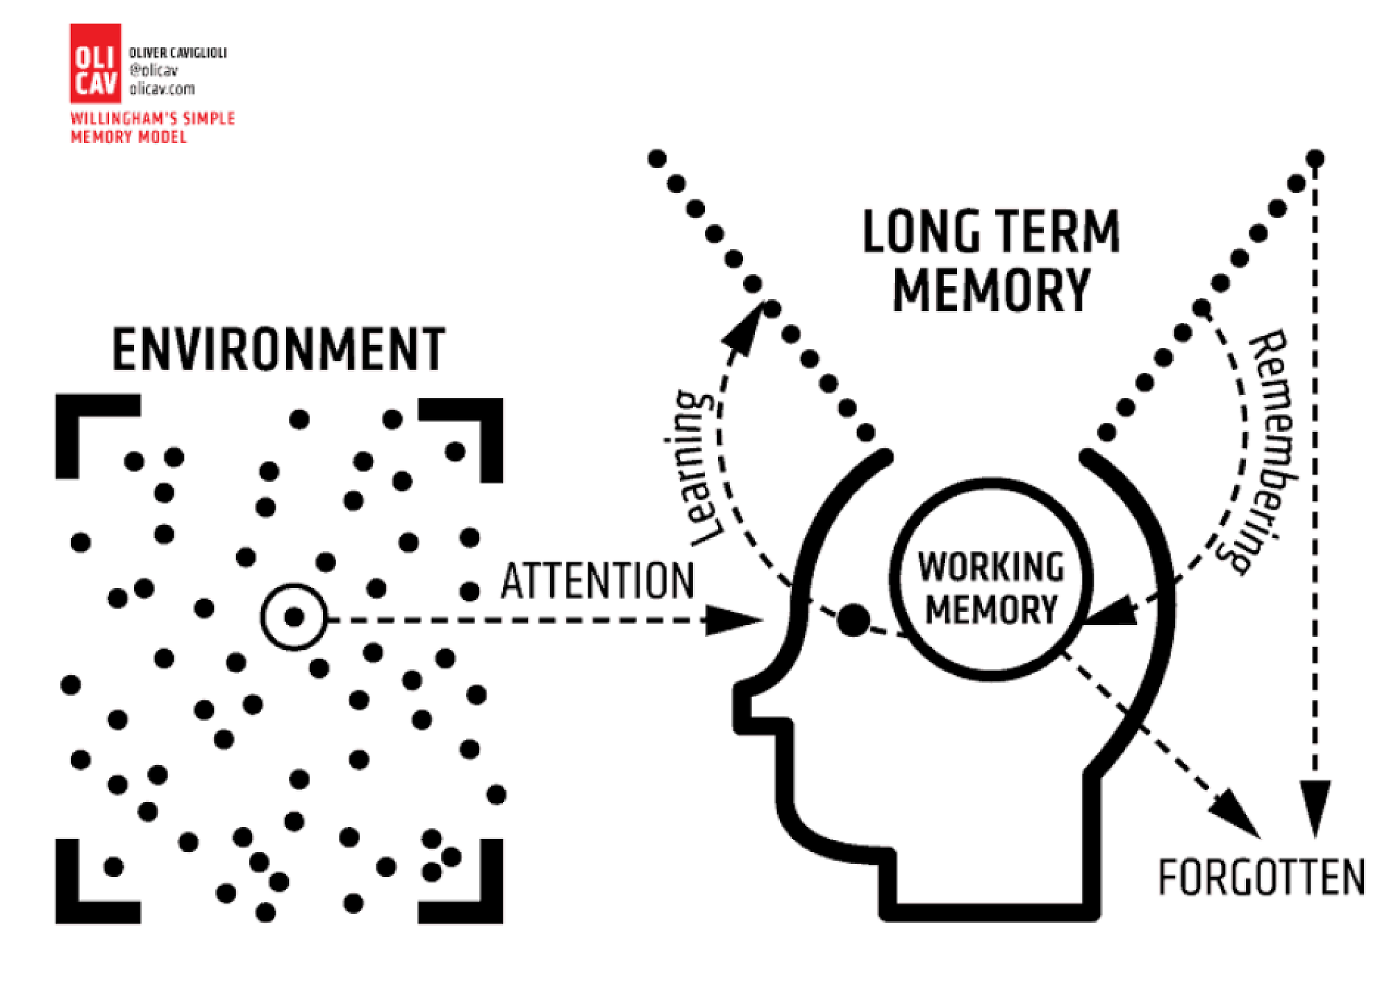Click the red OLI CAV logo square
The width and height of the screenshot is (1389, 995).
tap(95, 63)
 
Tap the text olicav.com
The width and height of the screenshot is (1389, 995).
tap(162, 89)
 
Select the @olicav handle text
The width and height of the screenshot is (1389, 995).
tap(153, 70)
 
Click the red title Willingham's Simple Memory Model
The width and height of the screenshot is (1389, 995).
tap(152, 127)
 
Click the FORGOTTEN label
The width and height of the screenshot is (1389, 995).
tap(1261, 878)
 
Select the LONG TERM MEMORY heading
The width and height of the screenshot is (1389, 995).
tap(991, 260)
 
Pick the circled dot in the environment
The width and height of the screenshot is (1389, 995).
tap(294, 617)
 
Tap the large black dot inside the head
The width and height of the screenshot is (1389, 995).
tap(854, 620)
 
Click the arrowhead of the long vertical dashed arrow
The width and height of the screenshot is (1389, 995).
tap(1315, 805)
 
